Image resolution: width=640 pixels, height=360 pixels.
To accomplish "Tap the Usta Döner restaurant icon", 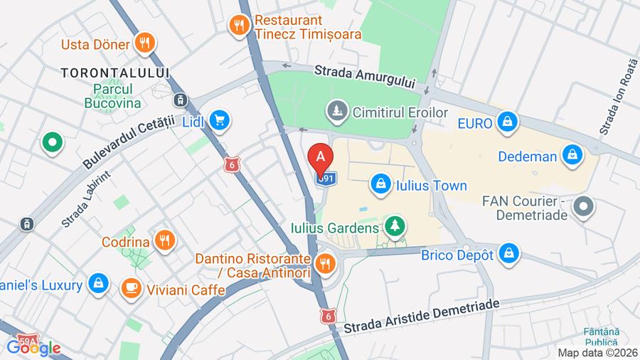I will tap(145, 43).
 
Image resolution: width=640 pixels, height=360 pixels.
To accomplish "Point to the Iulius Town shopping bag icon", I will tap(381, 185).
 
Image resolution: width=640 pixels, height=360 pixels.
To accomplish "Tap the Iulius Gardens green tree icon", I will tap(394, 228).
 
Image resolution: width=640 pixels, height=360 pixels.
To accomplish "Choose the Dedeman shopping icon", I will tap(572, 155).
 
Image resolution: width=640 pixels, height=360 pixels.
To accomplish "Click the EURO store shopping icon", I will tap(507, 122).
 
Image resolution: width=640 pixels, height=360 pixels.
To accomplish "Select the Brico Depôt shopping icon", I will tap(508, 253).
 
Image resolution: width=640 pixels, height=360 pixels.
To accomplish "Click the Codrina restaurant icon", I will tap(165, 241).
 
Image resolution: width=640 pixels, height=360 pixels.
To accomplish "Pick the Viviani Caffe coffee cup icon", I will tap(131, 288).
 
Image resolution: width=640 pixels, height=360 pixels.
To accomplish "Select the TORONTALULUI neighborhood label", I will tap(115, 73).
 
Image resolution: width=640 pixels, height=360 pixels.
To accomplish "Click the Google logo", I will tap(33, 348).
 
